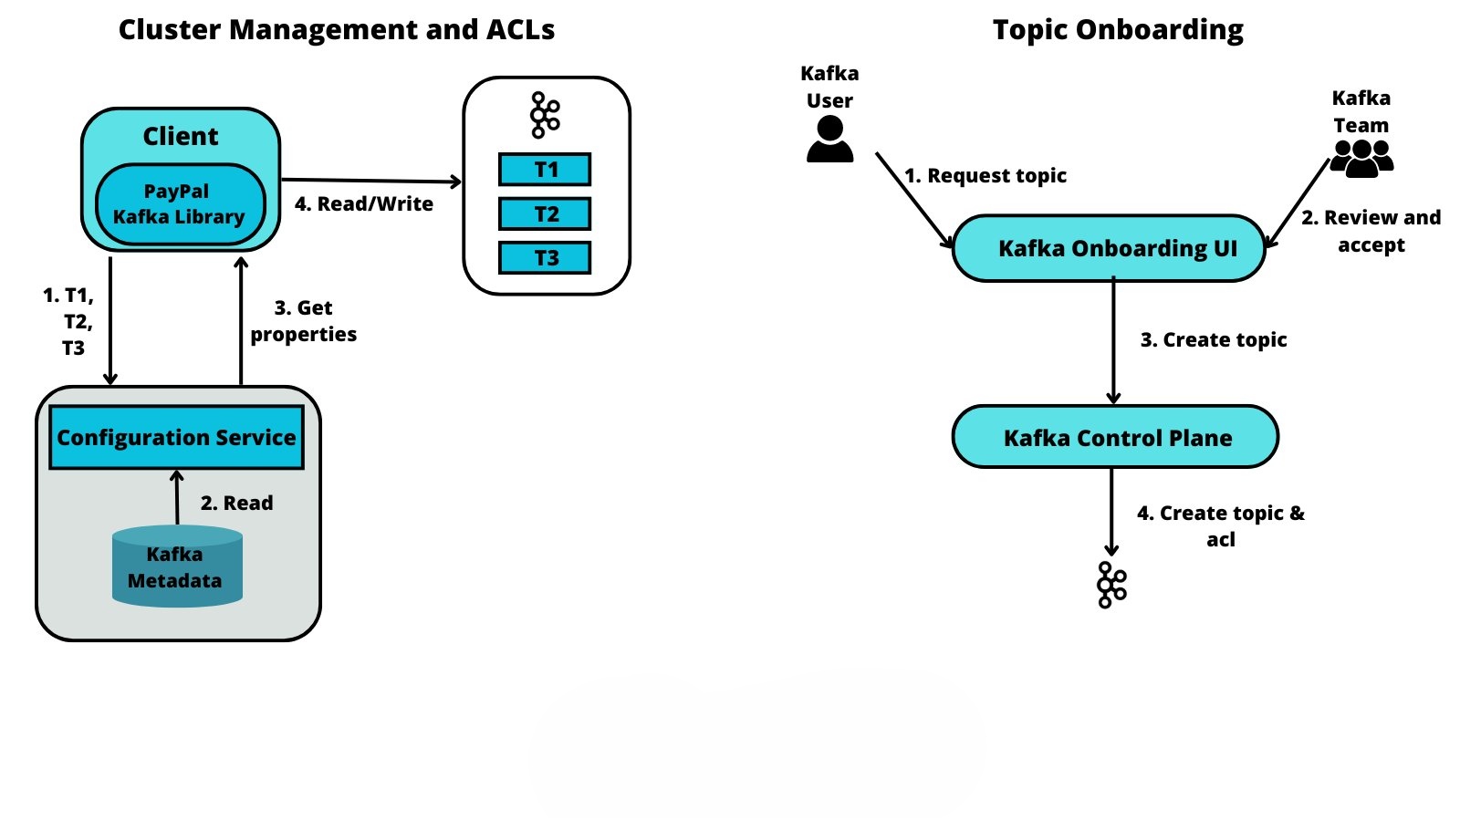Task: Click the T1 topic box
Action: [x=545, y=170]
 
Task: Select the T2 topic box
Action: [x=545, y=214]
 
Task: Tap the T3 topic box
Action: [x=545, y=258]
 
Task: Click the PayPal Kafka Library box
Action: [x=180, y=204]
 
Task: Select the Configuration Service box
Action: [x=176, y=438]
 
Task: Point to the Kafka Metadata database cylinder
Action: [x=177, y=567]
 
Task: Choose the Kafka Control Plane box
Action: [x=1115, y=438]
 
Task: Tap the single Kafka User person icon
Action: [x=829, y=140]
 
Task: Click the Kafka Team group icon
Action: [x=1361, y=158]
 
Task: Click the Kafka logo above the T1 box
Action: [x=545, y=115]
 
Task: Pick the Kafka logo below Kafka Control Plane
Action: [x=1111, y=585]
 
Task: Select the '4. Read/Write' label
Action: [x=364, y=204]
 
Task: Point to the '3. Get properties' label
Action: [x=304, y=321]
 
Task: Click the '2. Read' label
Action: [x=236, y=503]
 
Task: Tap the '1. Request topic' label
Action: [x=985, y=175]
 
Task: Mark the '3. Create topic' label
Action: [x=1214, y=339]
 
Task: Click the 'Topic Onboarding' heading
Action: [x=1118, y=30]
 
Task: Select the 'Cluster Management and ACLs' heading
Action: [x=337, y=30]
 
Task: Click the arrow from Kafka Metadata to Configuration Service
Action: [x=177, y=497]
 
